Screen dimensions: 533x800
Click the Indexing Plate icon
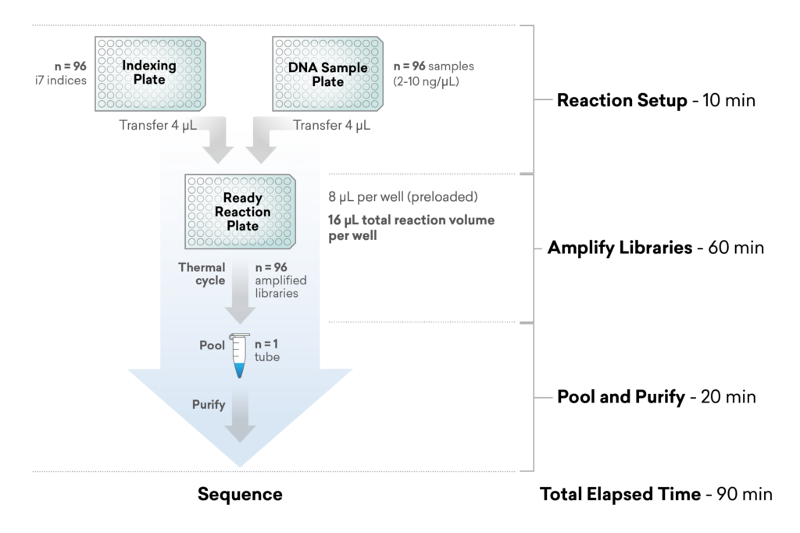click(x=151, y=73)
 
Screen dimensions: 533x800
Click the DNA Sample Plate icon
click(x=327, y=73)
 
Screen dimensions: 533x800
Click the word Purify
click(x=209, y=405)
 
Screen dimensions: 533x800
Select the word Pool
click(x=212, y=345)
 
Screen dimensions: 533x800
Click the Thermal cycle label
click(x=202, y=274)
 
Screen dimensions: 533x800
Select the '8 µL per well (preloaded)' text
click(x=402, y=196)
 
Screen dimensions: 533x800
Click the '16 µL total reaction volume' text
click(x=411, y=220)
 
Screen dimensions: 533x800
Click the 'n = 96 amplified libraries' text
click(x=280, y=280)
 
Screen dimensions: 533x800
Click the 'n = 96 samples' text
click(x=433, y=66)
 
